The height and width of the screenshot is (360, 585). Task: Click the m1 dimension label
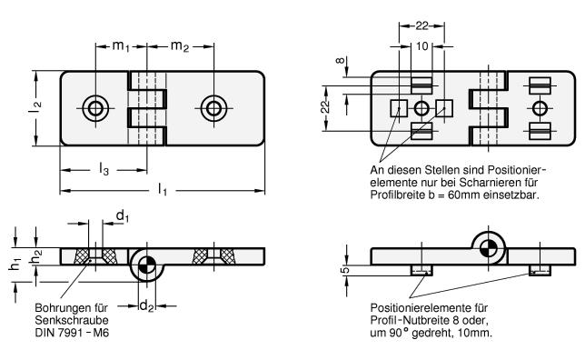click(121, 46)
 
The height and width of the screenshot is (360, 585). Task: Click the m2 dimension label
click(180, 46)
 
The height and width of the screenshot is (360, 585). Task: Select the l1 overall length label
click(163, 189)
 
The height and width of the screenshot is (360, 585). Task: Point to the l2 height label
click(36, 107)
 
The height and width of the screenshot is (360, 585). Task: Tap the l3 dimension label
click(104, 169)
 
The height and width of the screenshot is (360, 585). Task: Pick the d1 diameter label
click(123, 215)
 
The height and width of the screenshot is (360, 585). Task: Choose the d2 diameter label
click(146, 306)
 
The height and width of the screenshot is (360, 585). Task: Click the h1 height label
click(15, 264)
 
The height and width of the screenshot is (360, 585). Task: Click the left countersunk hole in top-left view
click(95, 108)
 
